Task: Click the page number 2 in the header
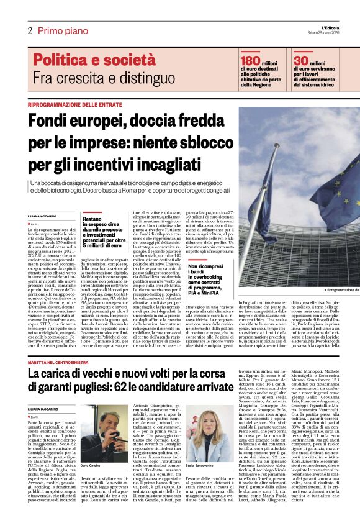29,30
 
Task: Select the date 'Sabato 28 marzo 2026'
340,33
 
